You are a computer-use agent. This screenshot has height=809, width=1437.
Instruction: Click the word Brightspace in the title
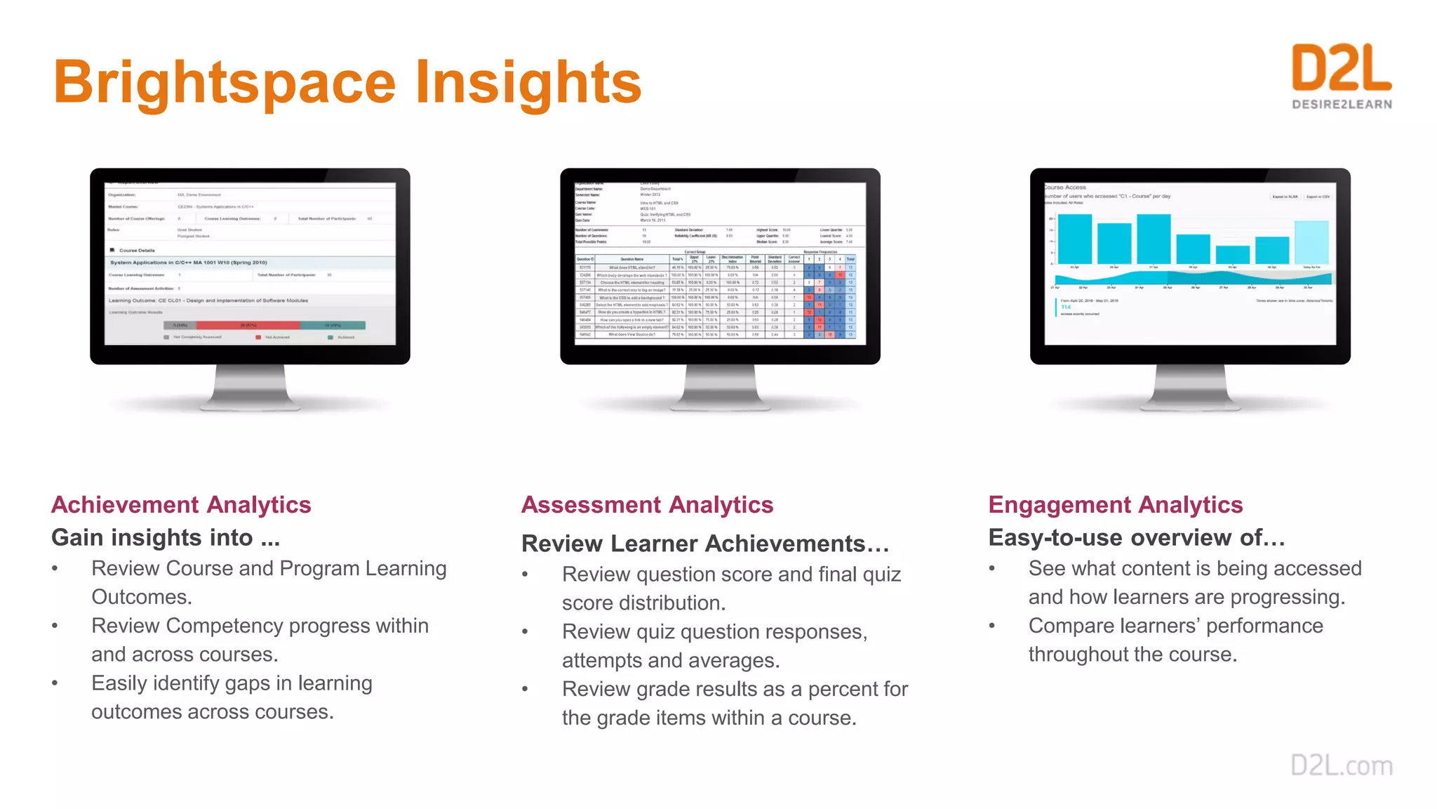coord(225,83)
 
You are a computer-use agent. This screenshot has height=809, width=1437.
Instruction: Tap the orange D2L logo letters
coord(1341,68)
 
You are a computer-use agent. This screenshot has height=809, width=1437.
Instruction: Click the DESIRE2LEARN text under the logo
coord(1342,105)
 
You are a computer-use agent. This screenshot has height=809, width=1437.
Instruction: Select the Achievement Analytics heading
coord(181,505)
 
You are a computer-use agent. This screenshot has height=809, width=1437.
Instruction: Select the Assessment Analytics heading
coord(647,505)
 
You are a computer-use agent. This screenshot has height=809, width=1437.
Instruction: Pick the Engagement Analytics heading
coord(1115,505)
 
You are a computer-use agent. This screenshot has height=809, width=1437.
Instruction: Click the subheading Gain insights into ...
coord(166,538)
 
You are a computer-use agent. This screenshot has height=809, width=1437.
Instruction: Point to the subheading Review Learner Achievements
coord(704,544)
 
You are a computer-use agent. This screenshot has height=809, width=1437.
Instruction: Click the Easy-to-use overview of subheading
coord(1136,538)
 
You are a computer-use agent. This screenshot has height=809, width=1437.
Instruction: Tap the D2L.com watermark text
coord(1342,765)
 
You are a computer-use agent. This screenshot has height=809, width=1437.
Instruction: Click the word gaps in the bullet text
coord(247,683)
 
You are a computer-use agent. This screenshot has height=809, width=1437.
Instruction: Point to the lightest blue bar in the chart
coord(1311,242)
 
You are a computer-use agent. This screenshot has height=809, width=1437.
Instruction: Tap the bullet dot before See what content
coord(992,568)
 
